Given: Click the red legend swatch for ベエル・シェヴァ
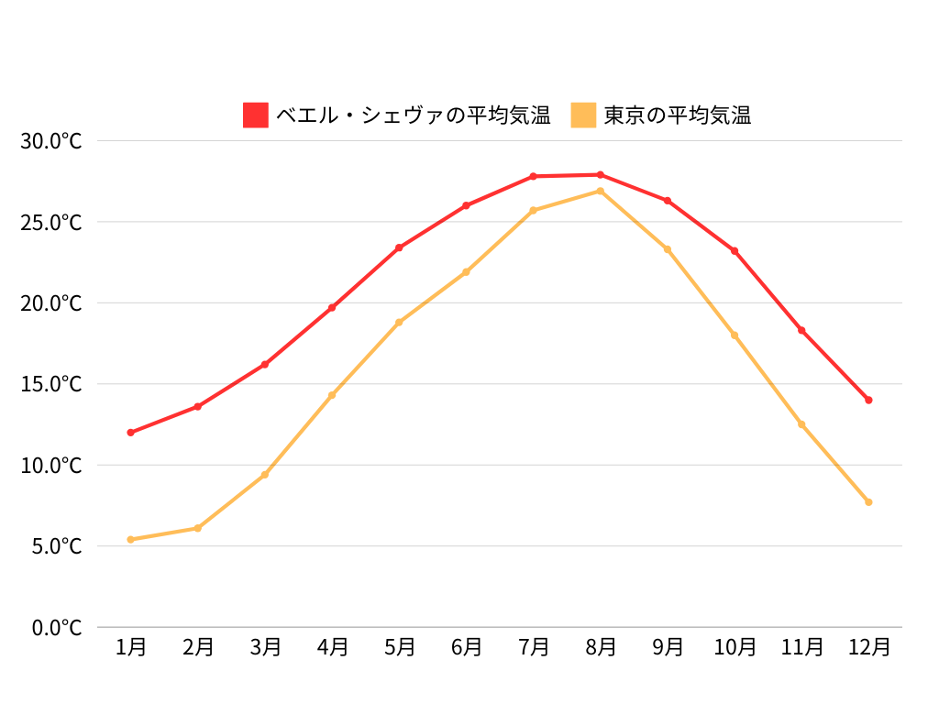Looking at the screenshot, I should (256, 115).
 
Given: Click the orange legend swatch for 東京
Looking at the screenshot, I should (583, 115).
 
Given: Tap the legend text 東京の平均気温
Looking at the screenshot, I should (677, 115).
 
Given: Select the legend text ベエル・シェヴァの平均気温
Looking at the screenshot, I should (413, 115).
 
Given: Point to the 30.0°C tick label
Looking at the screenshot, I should (51, 141).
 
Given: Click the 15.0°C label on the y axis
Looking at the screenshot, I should (51, 384).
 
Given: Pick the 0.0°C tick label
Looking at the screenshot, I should (57, 628).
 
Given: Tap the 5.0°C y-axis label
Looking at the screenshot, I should (57, 546).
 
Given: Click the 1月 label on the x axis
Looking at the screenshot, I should (131, 647).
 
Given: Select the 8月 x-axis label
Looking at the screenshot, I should (601, 647).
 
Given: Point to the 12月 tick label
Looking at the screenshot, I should (868, 647).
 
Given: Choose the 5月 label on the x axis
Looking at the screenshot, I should (399, 647).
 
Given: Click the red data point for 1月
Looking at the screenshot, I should (131, 433).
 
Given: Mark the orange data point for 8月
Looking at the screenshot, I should (601, 191).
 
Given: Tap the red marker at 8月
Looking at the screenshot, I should (601, 174).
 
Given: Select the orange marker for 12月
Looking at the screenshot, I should (868, 502).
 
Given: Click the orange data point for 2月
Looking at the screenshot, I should (198, 528).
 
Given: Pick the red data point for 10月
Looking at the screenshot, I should (735, 251).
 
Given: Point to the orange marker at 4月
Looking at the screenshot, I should (332, 395).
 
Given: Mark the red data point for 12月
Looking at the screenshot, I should (868, 400).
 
